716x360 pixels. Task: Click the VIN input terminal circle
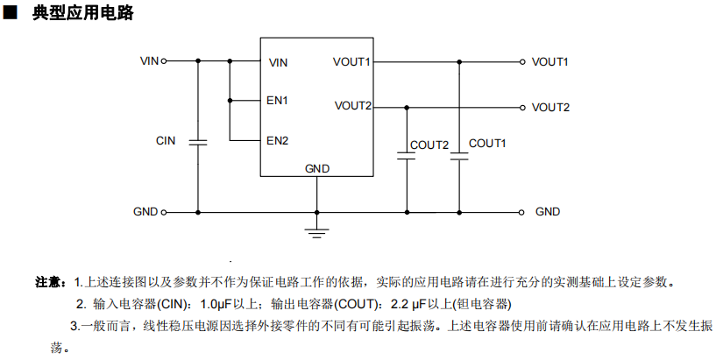[164, 61]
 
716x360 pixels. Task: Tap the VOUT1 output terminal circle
[523, 61]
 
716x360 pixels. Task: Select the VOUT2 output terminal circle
[523, 108]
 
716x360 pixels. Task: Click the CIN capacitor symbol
[197, 141]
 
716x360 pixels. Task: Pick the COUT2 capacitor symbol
[406, 156]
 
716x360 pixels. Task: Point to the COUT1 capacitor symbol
[459, 156]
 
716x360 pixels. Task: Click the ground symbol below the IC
[316, 230]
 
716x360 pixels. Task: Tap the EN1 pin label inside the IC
[278, 101]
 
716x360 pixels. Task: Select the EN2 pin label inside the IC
[278, 140]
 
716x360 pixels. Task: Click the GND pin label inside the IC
[316, 167]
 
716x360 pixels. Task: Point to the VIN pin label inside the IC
[278, 62]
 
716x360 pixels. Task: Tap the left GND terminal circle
[164, 212]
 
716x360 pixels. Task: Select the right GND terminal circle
[523, 212]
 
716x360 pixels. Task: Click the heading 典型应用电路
[83, 14]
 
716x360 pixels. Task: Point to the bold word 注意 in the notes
[49, 282]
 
